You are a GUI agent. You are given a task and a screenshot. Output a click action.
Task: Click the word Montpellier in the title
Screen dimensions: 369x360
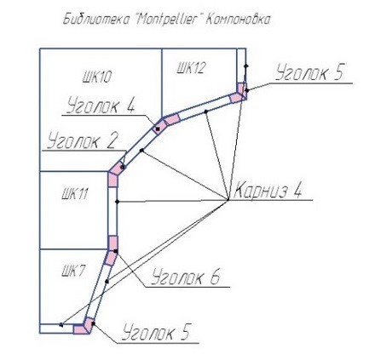point(165,20)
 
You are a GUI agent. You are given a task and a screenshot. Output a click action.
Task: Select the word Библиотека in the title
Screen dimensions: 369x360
point(95,20)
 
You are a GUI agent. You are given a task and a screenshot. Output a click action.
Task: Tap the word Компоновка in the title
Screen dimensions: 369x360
point(237,20)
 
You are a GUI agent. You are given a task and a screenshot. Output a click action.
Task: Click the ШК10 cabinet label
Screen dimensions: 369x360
point(96,77)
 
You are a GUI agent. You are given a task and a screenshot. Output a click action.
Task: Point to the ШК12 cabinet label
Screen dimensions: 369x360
point(191,68)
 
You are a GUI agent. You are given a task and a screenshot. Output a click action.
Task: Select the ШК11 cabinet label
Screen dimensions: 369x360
point(74,195)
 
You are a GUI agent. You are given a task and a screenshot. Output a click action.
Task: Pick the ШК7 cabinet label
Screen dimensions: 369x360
point(72,271)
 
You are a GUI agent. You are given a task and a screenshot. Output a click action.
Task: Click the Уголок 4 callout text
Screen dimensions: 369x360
point(101,106)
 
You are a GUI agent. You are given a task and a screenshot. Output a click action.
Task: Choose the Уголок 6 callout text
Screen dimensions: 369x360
point(185,277)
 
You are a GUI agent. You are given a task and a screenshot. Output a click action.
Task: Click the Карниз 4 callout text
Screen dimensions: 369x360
point(268,189)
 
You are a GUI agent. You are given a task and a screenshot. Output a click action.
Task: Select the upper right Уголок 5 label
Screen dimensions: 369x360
point(309,71)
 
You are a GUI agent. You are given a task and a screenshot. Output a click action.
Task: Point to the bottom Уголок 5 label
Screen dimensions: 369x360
point(156,332)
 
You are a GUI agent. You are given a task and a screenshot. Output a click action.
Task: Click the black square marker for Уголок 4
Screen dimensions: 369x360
point(158,129)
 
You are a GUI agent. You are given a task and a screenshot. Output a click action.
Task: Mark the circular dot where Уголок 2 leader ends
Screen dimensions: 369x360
point(123,168)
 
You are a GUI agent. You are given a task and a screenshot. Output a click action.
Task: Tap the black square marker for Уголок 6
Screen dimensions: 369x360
point(115,251)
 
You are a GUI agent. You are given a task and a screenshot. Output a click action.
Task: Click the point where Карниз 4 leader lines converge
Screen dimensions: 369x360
point(228,200)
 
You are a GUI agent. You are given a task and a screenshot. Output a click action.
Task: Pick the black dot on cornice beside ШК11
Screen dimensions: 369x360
point(117,202)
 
